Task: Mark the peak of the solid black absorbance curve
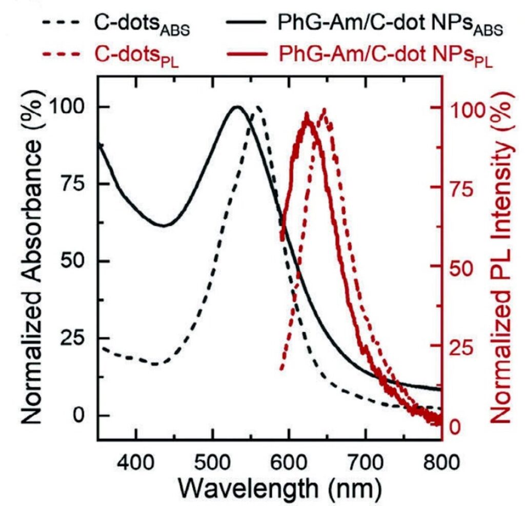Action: [237, 107]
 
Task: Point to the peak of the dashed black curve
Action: [258, 107]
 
